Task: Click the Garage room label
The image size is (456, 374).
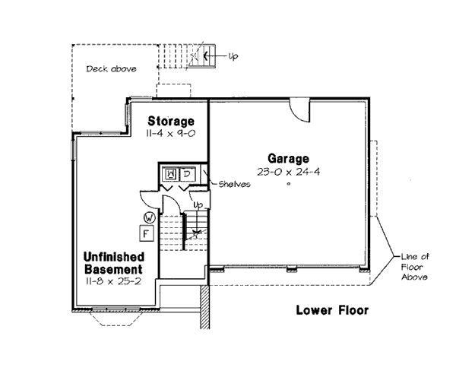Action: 288,159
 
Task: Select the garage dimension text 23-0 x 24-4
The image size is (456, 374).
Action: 288,172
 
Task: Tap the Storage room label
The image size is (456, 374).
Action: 171,121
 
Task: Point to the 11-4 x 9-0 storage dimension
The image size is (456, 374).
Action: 171,132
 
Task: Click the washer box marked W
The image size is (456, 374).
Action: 170,175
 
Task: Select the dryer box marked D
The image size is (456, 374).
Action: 185,175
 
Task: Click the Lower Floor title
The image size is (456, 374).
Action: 332,309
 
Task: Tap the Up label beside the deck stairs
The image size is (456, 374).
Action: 233,56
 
